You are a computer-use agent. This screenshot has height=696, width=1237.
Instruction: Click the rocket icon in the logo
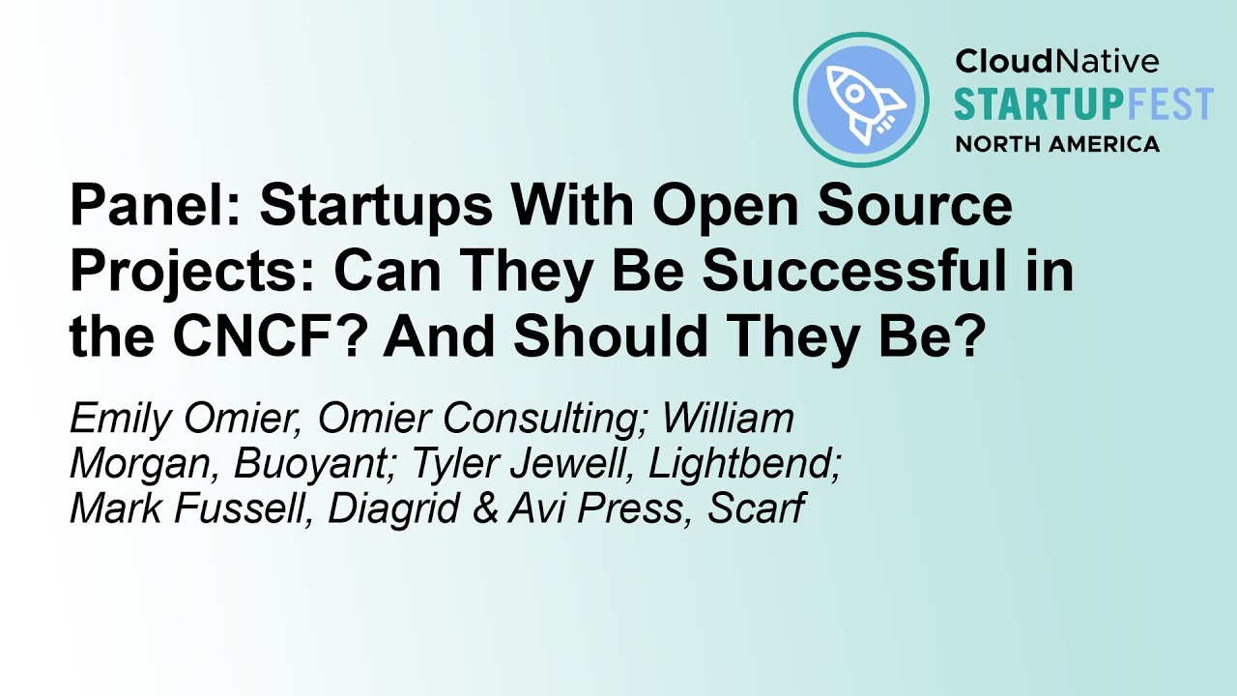click(x=860, y=100)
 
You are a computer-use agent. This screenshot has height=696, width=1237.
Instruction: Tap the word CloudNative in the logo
click(x=1056, y=62)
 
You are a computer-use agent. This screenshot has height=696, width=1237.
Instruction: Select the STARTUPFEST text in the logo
click(x=1083, y=104)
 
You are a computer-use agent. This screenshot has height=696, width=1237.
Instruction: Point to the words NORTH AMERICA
click(x=1057, y=145)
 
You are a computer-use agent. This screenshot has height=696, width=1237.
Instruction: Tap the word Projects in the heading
click(x=194, y=272)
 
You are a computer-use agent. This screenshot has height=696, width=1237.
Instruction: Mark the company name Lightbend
click(x=743, y=465)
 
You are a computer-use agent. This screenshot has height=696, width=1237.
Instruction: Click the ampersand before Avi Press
click(x=488, y=509)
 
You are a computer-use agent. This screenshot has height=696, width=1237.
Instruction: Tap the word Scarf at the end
click(x=755, y=509)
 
